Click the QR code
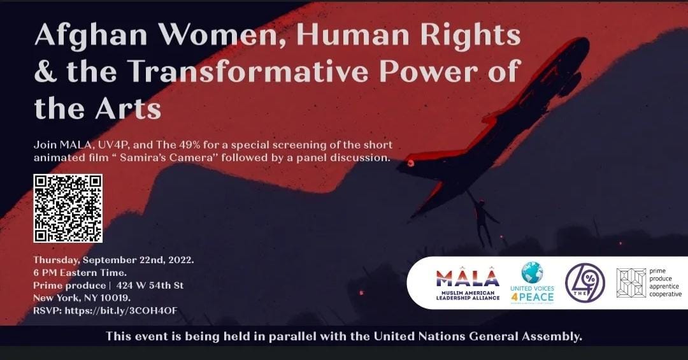(68, 208)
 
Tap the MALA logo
(468, 283)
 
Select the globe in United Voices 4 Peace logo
(532, 272)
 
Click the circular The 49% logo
(585, 283)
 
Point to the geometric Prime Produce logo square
(631, 283)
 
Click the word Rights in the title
(470, 35)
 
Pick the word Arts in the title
(129, 108)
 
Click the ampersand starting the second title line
(46, 71)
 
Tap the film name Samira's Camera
(166, 157)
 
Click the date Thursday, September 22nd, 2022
(113, 260)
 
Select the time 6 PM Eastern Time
(80, 273)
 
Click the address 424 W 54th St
(150, 285)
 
